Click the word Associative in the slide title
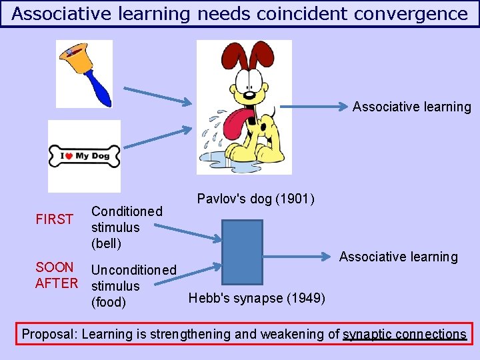[x=59, y=13]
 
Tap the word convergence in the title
[x=412, y=13]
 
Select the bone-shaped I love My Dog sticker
[x=84, y=156]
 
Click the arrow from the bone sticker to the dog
[x=157, y=137]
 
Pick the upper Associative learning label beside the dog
[x=411, y=107]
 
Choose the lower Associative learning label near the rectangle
[x=398, y=257]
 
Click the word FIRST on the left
[x=54, y=219]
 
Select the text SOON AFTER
[x=56, y=275]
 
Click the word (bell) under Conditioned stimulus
[x=106, y=243]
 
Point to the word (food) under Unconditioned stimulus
[x=108, y=302]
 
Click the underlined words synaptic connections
[x=405, y=334]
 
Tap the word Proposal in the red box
[x=49, y=334]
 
